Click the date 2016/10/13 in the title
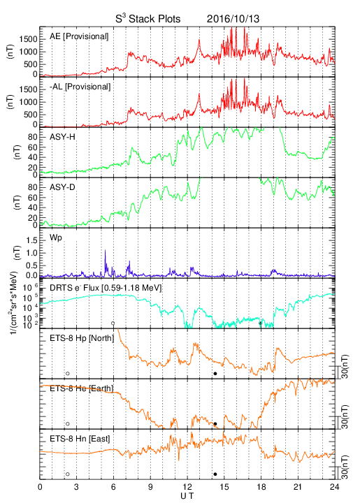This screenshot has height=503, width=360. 233,19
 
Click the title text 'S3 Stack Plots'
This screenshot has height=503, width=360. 148,19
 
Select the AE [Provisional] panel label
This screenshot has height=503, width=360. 79,36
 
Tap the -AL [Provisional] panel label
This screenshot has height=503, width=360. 80,87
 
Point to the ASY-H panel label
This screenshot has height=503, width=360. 62,137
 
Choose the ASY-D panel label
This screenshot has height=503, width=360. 62,187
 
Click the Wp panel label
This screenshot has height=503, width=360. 55,238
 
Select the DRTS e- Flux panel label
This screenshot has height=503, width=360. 106,288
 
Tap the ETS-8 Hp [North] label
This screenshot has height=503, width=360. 82,338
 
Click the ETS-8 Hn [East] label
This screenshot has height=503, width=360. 80,439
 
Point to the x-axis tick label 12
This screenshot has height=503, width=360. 187,487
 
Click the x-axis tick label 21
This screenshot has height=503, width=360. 298,487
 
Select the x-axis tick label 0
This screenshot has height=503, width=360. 40,487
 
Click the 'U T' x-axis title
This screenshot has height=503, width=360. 187,496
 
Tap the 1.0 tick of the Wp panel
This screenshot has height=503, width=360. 31,253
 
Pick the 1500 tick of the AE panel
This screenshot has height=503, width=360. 28,39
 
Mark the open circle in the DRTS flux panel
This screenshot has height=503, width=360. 113,323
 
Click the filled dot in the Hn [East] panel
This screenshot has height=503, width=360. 215,474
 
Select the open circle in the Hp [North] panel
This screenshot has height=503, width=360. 68,374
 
